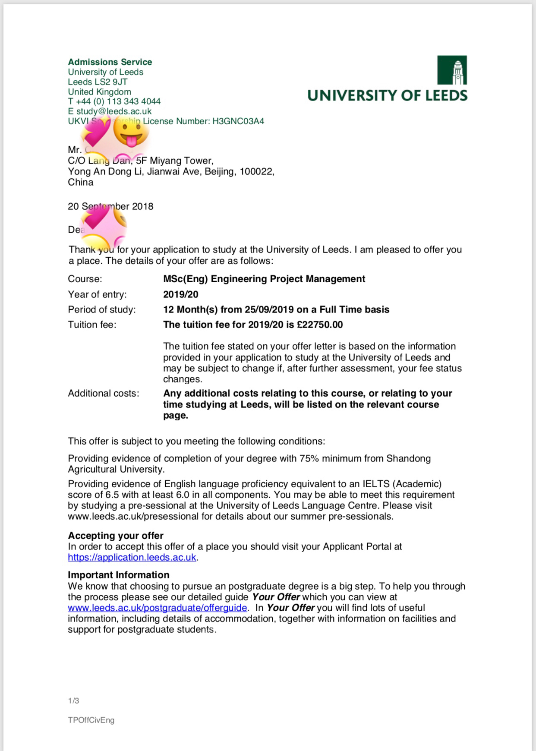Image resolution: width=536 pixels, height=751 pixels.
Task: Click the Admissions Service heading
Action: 110,62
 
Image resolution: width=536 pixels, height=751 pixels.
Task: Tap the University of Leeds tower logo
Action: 452,70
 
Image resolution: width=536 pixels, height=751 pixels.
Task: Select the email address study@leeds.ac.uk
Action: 114,111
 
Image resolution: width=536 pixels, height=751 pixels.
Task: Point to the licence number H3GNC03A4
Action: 238,121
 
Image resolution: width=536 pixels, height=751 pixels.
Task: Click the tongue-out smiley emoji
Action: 131,133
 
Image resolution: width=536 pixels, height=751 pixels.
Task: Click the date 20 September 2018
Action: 110,206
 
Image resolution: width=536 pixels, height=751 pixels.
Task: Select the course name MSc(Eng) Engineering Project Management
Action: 264,279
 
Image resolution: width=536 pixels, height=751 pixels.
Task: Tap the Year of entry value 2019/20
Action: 181,294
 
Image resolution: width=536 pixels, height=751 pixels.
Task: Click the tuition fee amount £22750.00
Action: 320,325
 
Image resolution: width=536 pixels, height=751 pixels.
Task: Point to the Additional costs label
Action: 104,393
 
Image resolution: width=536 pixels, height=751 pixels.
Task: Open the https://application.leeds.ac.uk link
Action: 132,557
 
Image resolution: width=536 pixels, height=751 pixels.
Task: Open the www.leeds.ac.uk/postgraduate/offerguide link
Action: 158,608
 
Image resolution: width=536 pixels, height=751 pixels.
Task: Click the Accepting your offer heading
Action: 116,536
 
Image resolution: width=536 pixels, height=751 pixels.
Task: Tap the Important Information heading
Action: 119,575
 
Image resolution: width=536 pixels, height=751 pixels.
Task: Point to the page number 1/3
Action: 73,701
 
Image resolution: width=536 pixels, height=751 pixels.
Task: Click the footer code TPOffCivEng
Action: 91,720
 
